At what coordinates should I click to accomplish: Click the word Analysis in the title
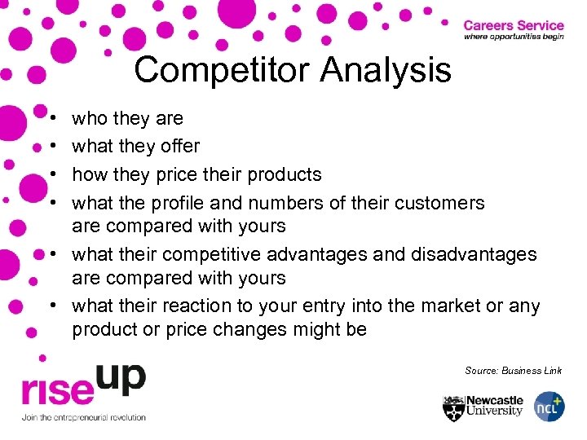click(386, 70)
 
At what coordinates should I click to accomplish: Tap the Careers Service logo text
click(513, 25)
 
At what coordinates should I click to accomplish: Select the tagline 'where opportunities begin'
click(513, 37)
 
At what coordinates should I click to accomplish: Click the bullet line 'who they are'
click(127, 119)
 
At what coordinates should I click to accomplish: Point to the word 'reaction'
click(203, 306)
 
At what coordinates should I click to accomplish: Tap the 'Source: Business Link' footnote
click(513, 371)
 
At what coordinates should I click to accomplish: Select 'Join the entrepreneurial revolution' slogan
click(84, 418)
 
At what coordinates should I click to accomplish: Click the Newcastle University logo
click(483, 407)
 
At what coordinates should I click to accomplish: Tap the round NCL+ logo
click(549, 407)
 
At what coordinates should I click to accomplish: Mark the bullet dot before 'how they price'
click(52, 175)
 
